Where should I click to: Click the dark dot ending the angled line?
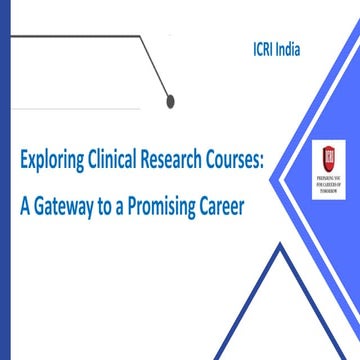click(x=171, y=99)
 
